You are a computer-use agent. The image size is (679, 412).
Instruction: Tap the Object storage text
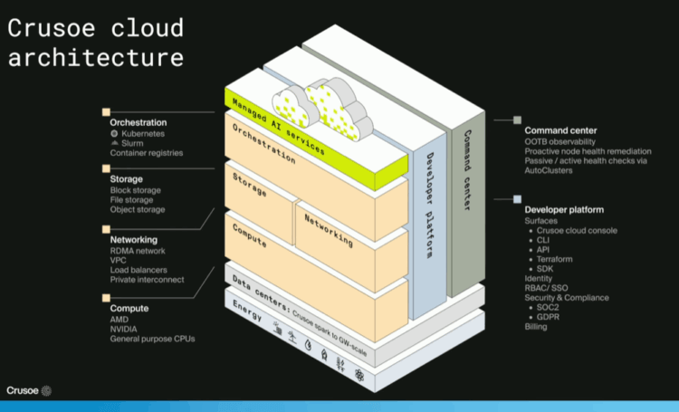pyautogui.click(x=138, y=210)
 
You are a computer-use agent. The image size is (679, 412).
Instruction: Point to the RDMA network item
pyautogui.click(x=138, y=251)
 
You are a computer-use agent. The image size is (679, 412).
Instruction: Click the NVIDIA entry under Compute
pyautogui.click(x=123, y=330)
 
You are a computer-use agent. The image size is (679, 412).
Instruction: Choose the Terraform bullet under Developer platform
pyautogui.click(x=554, y=260)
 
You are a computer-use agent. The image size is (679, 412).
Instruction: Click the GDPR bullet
pyautogui.click(x=548, y=317)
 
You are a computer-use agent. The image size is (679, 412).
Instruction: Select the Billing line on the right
pyautogui.click(x=536, y=327)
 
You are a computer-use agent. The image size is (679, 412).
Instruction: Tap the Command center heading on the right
pyautogui.click(x=560, y=130)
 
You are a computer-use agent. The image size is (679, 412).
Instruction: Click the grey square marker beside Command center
pyautogui.click(x=517, y=120)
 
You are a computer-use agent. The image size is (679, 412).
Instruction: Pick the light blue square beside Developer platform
pyautogui.click(x=517, y=199)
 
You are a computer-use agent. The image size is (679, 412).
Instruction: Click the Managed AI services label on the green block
pyautogui.click(x=279, y=127)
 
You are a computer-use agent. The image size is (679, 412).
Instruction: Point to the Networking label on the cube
pyautogui.click(x=329, y=231)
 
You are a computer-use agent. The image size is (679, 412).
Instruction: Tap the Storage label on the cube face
pyautogui.click(x=250, y=185)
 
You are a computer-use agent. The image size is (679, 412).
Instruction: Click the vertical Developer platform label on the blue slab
pyautogui.click(x=429, y=206)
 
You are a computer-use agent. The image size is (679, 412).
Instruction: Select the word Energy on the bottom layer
pyautogui.click(x=247, y=311)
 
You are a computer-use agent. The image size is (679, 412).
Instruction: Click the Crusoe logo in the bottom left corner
pyautogui.click(x=29, y=391)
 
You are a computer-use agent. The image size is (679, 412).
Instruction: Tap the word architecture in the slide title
pyautogui.click(x=96, y=58)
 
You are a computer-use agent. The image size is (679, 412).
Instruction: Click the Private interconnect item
pyautogui.click(x=147, y=280)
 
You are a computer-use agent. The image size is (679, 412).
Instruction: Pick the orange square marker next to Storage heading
pyautogui.click(x=106, y=168)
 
